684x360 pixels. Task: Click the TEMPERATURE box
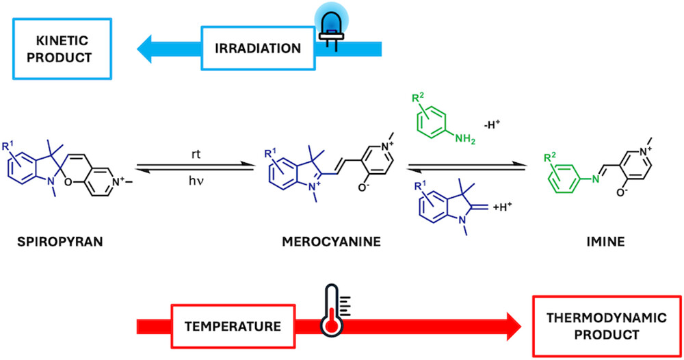click(232, 325)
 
